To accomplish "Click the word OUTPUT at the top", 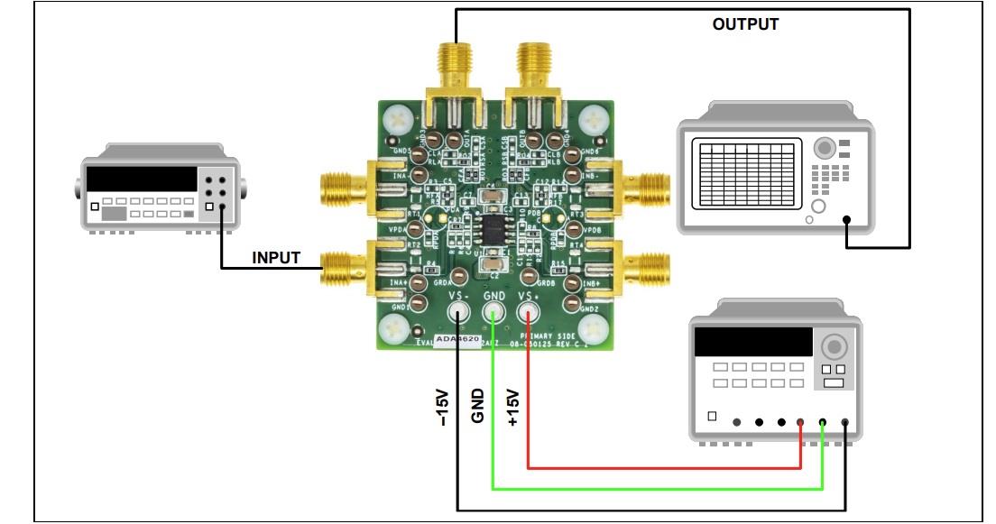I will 745,24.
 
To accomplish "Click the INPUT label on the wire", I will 276,258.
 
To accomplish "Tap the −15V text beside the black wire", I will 442,407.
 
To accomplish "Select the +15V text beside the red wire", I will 513,407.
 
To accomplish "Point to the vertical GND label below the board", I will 478,406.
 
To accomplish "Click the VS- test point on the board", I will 459,313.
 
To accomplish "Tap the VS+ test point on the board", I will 529,313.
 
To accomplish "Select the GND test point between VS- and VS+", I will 493,313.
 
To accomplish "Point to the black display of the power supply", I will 752,341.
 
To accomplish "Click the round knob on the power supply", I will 834,346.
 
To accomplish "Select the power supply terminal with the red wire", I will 801,422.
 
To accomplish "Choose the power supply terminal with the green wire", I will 823,422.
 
